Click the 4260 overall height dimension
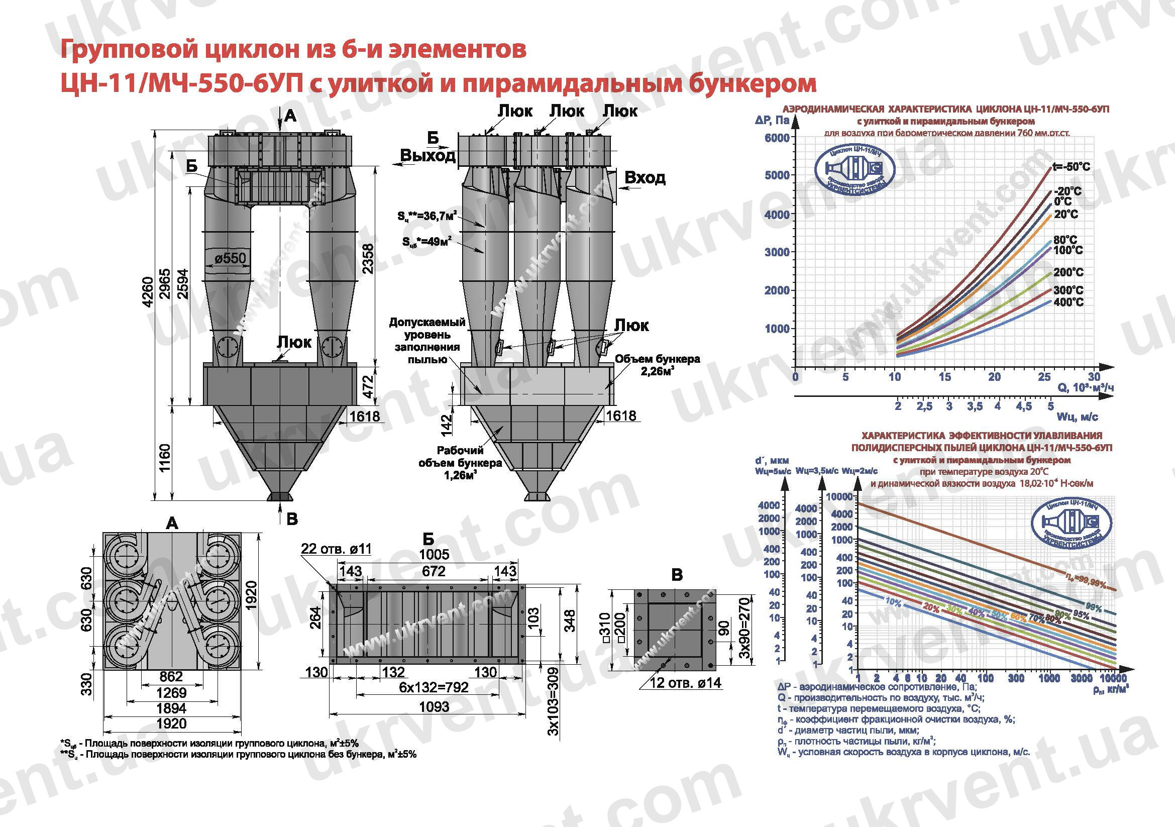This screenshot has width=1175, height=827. tap(148, 292)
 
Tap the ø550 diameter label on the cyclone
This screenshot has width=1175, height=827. tap(230, 258)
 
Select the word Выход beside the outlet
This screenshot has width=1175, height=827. tap(428, 155)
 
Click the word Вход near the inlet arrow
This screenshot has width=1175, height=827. tap(645, 177)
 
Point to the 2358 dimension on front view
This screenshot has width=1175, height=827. tap(368, 258)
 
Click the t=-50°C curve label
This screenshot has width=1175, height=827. tap(1071, 166)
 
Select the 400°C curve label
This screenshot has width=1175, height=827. tap(1069, 302)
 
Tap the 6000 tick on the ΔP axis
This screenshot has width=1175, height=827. tap(777, 138)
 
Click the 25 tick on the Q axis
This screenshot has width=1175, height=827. tap(1044, 377)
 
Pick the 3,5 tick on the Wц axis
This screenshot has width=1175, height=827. tap(975, 406)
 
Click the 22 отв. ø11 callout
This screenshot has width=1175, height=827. tap(336, 549)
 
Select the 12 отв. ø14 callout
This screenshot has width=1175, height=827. tap(685, 683)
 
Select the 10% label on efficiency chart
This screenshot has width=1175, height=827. tap(893, 603)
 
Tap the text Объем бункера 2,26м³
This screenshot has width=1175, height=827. tap(657, 365)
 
